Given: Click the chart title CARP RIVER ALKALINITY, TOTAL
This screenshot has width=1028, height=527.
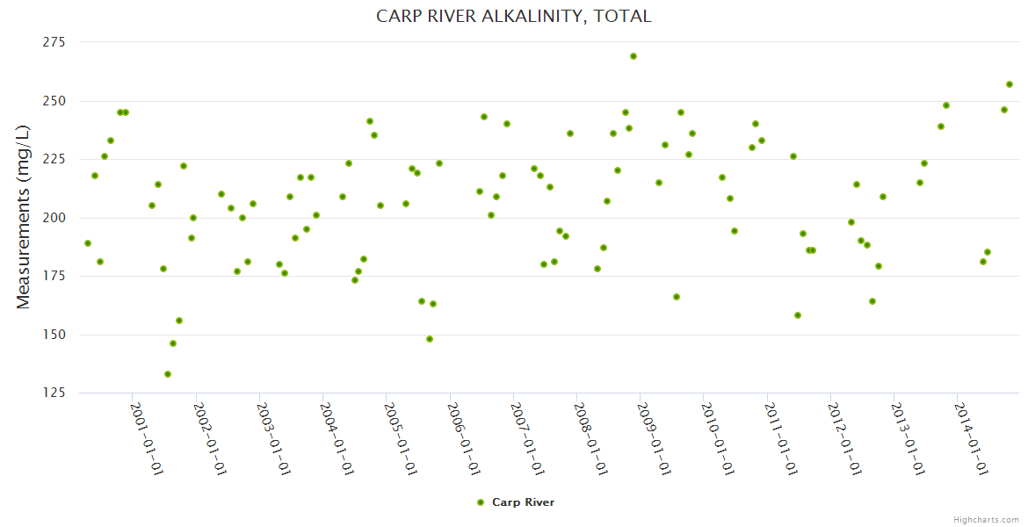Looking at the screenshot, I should [513, 16].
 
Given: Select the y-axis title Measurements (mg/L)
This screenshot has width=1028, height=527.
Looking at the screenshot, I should [24, 216].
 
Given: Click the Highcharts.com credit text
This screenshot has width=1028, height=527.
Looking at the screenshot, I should [986, 519].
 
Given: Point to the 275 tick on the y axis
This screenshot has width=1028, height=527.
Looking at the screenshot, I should [55, 42].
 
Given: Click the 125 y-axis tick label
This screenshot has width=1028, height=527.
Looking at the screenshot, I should [55, 393].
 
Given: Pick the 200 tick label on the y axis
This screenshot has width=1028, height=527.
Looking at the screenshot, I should [55, 218].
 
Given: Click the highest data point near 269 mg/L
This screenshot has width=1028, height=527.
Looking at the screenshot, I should [633, 56].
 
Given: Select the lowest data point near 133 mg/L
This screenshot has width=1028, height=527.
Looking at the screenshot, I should [168, 374].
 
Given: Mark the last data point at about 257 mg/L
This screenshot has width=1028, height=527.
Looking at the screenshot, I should [1010, 84].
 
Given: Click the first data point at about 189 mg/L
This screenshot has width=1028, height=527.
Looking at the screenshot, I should [88, 243].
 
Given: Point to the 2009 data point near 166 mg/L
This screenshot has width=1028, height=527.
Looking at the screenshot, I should [677, 297].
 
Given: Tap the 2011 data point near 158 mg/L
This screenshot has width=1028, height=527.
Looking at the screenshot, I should [798, 315].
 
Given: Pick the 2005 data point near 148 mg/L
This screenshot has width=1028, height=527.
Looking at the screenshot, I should [430, 339].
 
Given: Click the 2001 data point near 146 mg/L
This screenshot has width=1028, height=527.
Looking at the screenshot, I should [173, 343].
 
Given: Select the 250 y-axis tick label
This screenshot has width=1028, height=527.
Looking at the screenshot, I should [55, 101].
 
